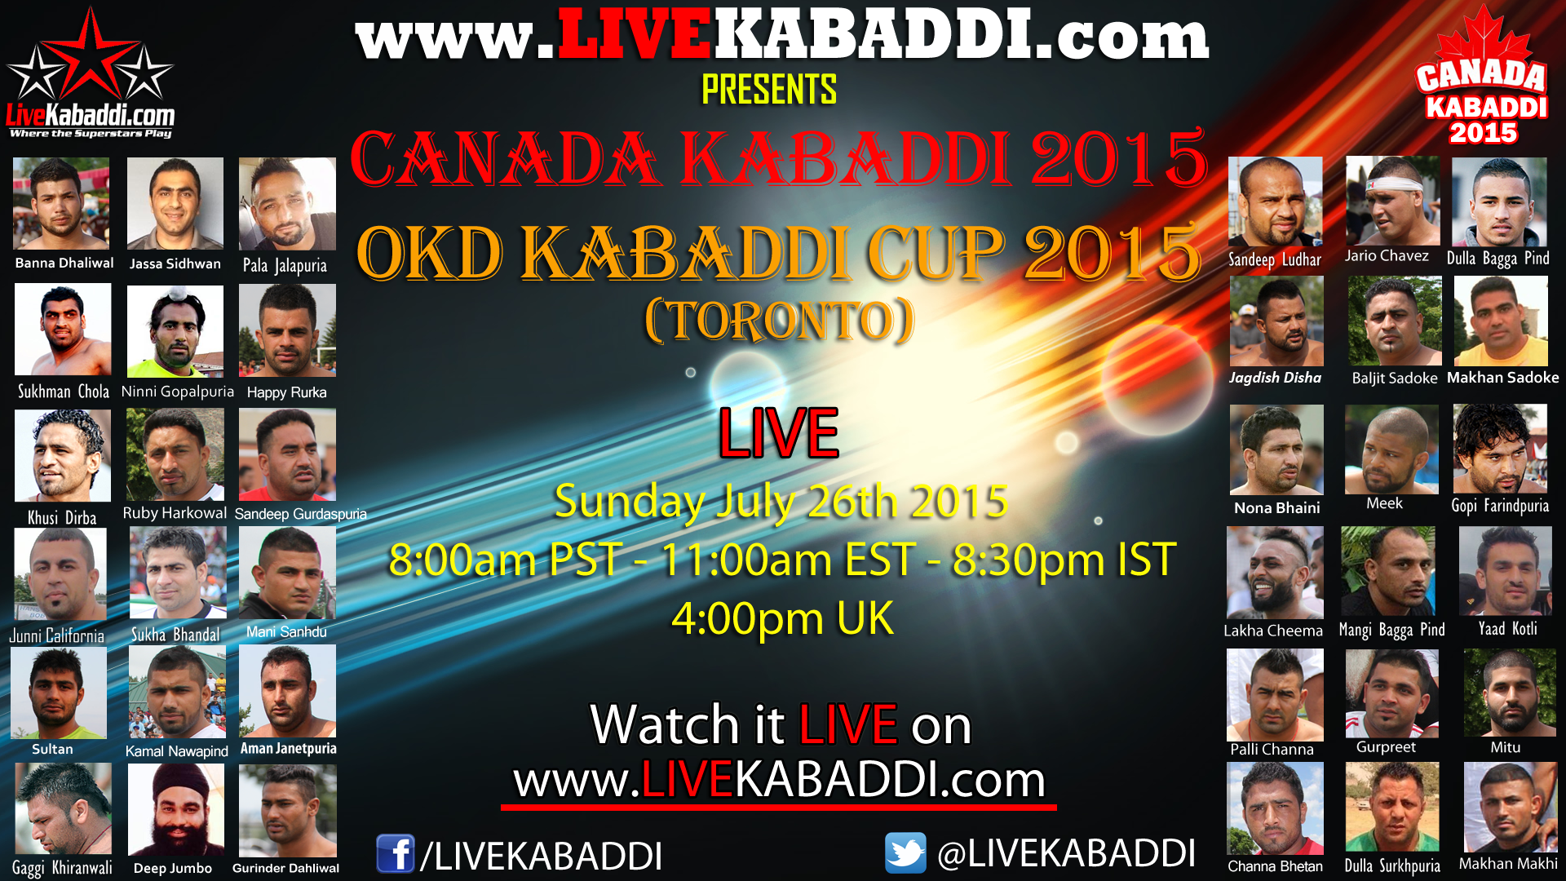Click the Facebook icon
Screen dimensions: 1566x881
click(396, 854)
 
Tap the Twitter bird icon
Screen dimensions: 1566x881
click(905, 852)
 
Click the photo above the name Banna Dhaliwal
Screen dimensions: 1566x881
click(61, 203)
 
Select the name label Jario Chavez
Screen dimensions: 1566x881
click(1387, 256)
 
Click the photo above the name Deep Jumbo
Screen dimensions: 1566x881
click(175, 809)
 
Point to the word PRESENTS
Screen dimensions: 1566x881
click(769, 90)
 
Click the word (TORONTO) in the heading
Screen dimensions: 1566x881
click(780, 321)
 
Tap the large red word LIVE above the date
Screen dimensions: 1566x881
click(779, 433)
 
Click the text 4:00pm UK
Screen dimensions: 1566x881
click(782, 618)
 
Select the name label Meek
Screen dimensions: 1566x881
click(1384, 503)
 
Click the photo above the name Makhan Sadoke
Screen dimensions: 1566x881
click(1501, 321)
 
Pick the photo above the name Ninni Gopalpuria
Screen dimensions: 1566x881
click(175, 331)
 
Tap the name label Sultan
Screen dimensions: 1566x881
click(52, 749)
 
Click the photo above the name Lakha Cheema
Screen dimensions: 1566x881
click(1275, 573)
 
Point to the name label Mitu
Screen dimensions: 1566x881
click(1505, 747)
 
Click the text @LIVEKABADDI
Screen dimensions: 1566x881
click(1066, 853)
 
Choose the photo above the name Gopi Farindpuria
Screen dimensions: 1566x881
click(1500, 449)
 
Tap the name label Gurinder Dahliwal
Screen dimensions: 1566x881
click(285, 868)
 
